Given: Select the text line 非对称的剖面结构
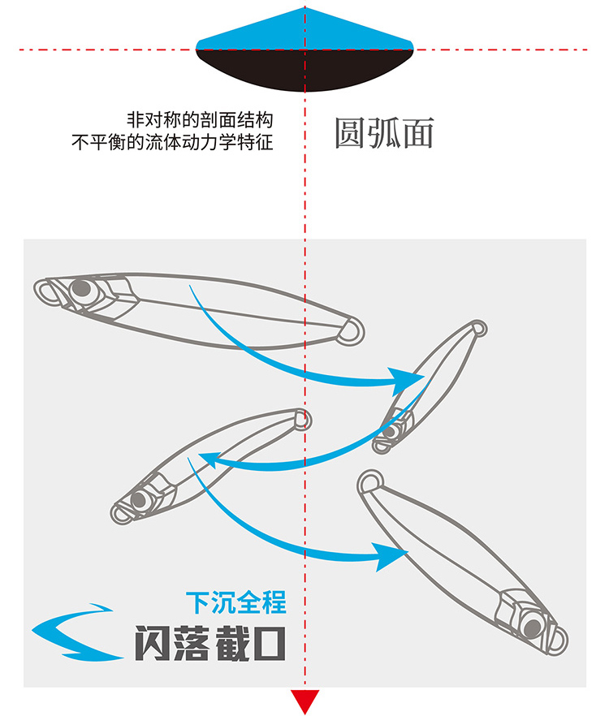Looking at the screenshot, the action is click(200, 119).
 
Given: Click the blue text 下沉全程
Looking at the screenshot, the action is click(236, 603).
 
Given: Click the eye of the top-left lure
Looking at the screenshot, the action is click(80, 288).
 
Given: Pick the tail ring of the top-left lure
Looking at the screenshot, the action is click(352, 330).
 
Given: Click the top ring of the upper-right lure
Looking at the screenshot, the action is click(478, 329).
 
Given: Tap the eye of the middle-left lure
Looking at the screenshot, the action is click(140, 499).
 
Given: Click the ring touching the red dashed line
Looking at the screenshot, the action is click(302, 420).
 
